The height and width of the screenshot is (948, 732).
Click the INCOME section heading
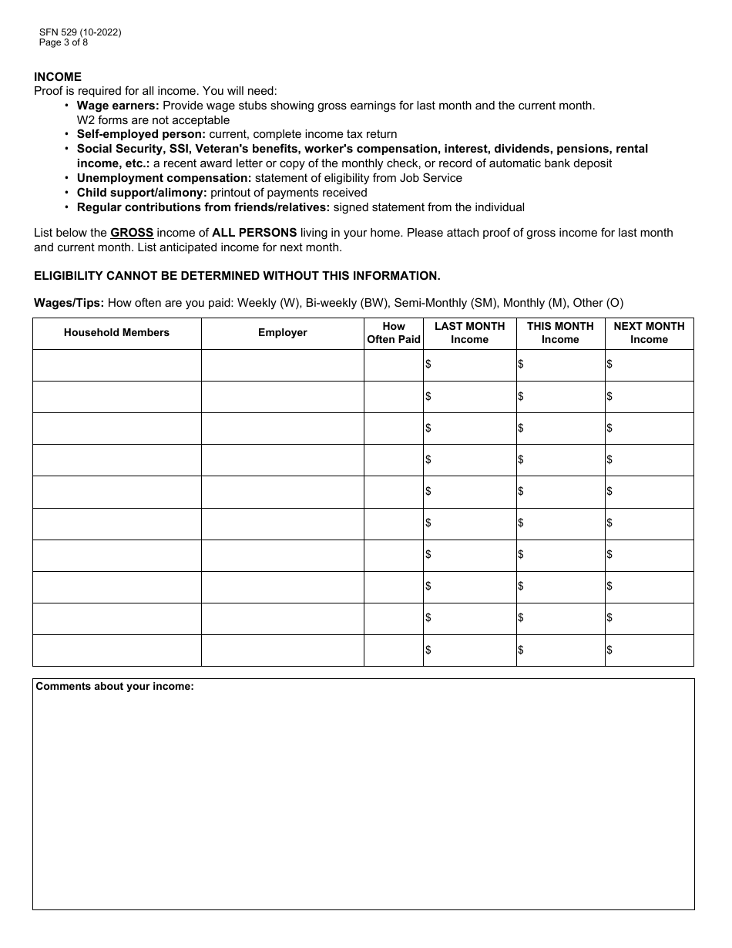point(58,77)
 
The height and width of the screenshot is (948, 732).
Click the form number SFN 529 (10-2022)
point(80,32)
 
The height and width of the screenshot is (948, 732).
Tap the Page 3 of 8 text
point(63,42)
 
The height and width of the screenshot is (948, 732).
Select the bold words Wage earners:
point(118,106)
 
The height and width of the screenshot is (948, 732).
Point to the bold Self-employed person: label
point(141,134)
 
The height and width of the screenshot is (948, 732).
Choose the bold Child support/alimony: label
point(142,193)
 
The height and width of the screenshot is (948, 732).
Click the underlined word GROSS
point(132,233)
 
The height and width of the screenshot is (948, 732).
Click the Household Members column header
point(116,333)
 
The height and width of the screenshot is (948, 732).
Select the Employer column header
point(282,333)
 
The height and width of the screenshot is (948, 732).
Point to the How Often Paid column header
point(393,333)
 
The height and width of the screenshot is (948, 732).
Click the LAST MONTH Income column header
point(469,333)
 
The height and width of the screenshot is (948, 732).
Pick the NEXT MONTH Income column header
point(649,333)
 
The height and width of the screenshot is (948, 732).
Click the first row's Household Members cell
point(116,365)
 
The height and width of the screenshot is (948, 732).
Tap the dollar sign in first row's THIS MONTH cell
point(521,365)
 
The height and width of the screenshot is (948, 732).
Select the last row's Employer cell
point(282,650)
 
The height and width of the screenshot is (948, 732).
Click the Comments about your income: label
point(115,687)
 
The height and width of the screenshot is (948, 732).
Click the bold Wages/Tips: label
point(69,303)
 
